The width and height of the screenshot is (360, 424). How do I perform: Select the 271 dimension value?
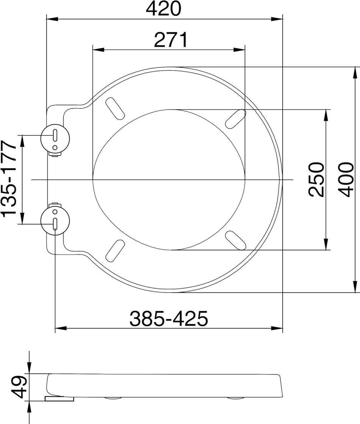pyautogui.click(x=171, y=40)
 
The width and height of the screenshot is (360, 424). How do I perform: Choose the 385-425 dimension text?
pyautogui.click(x=169, y=319)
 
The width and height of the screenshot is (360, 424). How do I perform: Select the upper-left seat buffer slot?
pyautogui.click(x=114, y=107)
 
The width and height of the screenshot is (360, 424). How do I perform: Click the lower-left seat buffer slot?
pyautogui.click(x=115, y=250)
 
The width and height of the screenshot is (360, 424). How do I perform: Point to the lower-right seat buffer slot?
pyautogui.click(x=235, y=240)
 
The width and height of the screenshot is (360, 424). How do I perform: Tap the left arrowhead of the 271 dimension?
pyautogui.click(x=98, y=50)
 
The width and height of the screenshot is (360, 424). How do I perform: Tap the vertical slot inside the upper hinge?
pyautogui.click(x=55, y=135)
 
